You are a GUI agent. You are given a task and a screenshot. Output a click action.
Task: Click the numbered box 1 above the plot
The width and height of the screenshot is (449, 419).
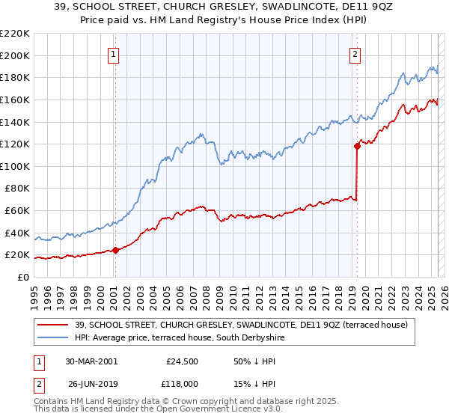[113, 54]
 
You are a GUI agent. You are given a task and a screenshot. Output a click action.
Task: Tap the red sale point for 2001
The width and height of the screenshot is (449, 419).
[115, 250]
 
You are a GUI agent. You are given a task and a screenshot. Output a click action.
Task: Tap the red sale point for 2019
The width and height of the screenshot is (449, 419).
[357, 147]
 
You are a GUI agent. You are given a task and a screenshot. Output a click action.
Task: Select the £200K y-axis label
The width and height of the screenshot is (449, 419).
[16, 55]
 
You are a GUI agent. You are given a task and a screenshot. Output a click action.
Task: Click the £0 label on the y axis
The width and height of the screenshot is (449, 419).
[23, 277]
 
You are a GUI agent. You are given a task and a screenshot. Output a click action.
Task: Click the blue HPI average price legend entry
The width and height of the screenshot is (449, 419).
[179, 337]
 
